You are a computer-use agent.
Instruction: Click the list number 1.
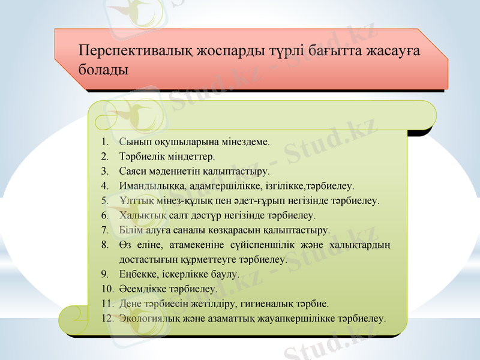coord(104,143)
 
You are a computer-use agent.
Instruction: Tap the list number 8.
coord(104,244)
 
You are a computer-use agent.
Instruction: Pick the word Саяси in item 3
coord(132,172)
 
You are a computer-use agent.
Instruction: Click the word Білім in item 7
coord(131,230)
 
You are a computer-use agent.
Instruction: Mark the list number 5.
coord(104,200)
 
